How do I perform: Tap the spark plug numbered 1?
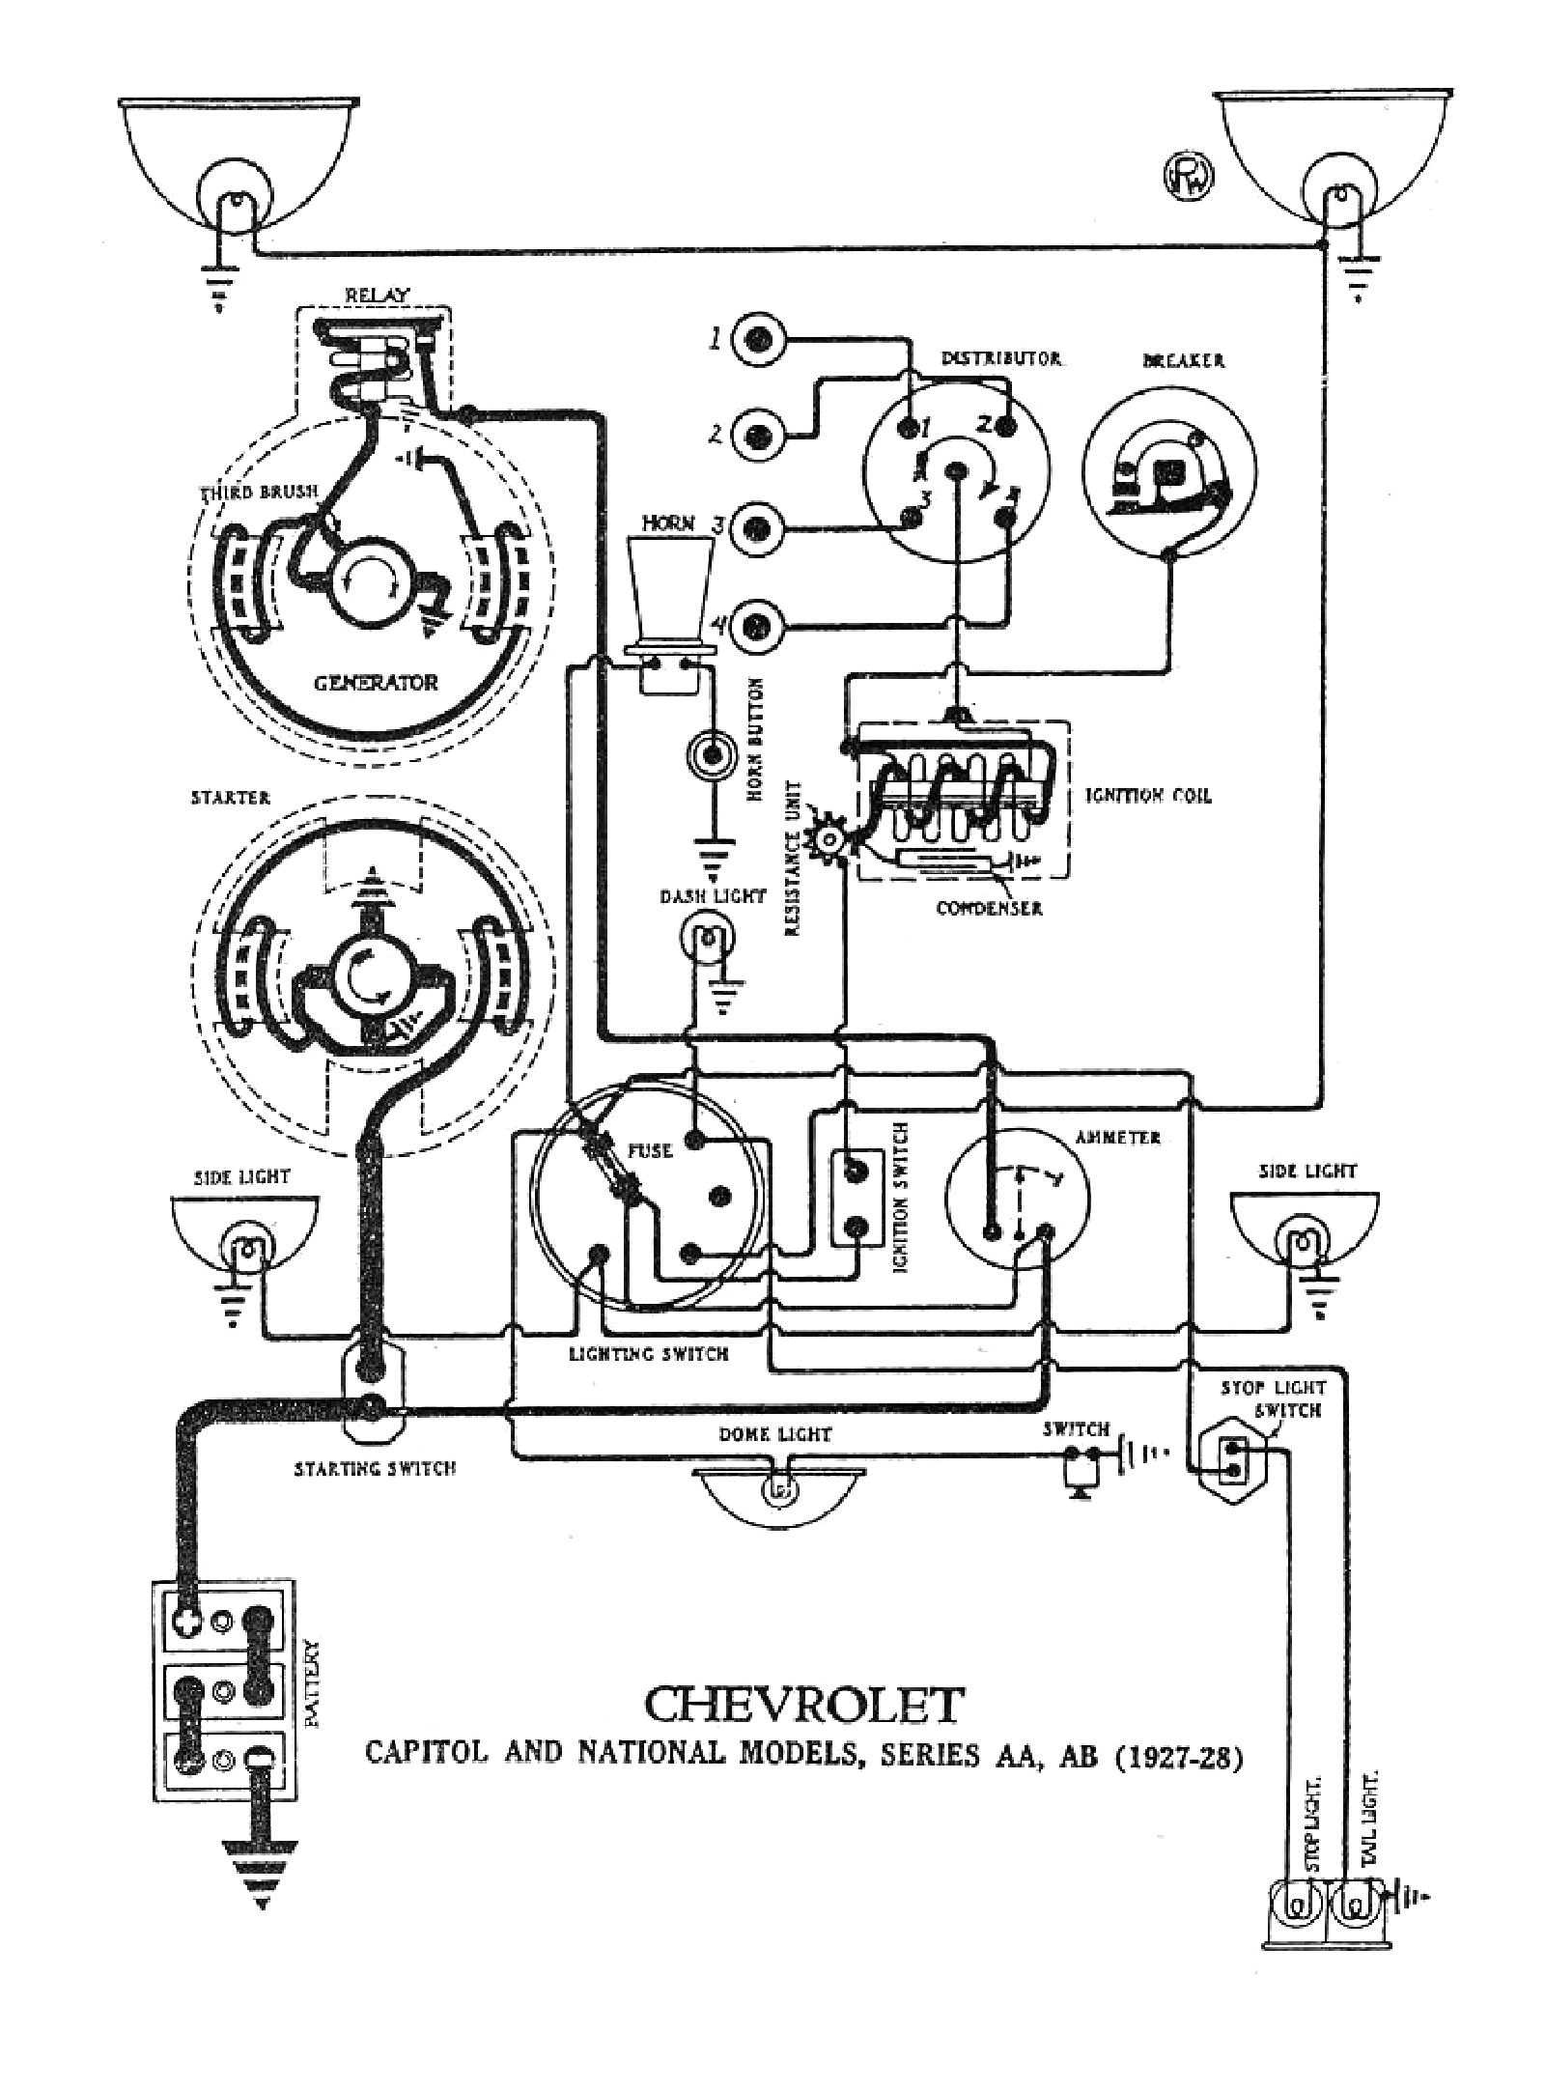[x=757, y=339]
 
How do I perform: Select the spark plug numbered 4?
[x=757, y=627]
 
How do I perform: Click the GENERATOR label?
[x=375, y=683]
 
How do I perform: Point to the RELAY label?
[x=377, y=296]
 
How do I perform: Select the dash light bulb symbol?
[x=710, y=936]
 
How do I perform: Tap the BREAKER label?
[x=1183, y=360]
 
